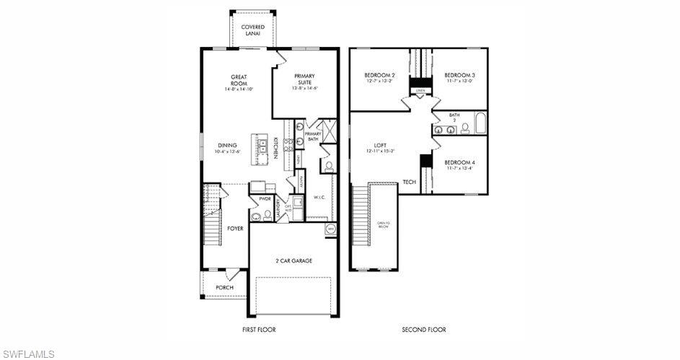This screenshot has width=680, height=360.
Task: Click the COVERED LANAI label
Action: [x=252, y=30]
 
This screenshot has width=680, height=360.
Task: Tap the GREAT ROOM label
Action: [x=239, y=79]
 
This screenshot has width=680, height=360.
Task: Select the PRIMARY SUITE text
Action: [x=305, y=79]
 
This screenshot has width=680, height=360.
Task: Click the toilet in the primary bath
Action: [x=328, y=166]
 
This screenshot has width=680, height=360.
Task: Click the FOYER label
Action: [x=235, y=229]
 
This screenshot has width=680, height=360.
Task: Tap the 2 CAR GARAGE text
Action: [x=293, y=260]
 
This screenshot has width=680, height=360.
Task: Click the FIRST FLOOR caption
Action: [x=258, y=330]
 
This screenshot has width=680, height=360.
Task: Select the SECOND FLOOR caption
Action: [x=423, y=330]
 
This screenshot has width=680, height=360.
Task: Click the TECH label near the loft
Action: [x=409, y=182]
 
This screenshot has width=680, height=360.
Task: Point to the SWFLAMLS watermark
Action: [x=29, y=354]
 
